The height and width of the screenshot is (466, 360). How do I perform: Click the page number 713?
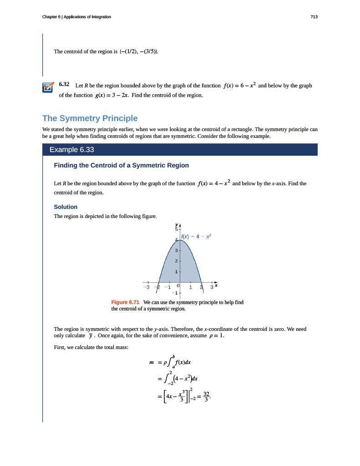[x=314, y=17]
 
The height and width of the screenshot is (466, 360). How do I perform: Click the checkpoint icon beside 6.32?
[x=47, y=87]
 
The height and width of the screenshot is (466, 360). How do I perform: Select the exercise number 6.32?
[x=64, y=85]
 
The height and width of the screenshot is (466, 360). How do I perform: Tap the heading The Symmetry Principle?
[x=90, y=118]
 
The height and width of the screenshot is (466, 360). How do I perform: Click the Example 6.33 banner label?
[x=72, y=150]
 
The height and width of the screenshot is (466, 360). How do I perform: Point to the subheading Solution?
[x=66, y=207]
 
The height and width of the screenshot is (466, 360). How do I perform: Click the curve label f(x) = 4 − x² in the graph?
[x=197, y=237]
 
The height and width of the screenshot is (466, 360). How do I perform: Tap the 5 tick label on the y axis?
[x=176, y=229]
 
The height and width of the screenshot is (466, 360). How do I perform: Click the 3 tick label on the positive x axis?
[x=212, y=287]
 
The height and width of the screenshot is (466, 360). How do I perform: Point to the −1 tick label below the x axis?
[x=175, y=293]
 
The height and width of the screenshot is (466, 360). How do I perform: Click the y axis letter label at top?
[x=177, y=224]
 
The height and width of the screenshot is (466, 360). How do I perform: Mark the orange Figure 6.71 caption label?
[x=125, y=302]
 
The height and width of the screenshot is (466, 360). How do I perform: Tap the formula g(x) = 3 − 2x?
[x=112, y=95]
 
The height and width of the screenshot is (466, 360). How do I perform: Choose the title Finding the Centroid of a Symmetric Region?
[x=121, y=165]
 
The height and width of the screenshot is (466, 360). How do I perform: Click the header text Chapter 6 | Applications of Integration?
[x=76, y=17]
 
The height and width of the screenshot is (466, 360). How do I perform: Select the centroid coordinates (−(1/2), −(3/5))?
[x=139, y=51]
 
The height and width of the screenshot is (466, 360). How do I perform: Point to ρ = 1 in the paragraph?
[x=216, y=336]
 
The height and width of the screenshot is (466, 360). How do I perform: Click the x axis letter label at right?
[x=216, y=285]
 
